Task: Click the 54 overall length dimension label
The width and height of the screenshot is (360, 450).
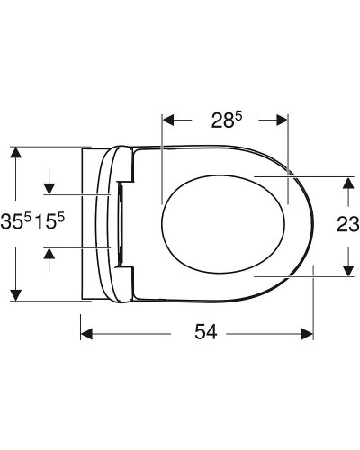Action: point(206,333)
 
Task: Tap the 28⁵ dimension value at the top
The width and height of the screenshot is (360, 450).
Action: point(227,120)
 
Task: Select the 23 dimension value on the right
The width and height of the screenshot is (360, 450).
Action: point(347,224)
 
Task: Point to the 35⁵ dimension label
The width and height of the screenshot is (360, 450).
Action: point(15,221)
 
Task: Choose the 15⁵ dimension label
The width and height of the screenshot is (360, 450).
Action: point(49,221)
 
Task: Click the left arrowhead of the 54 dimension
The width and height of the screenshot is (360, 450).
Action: point(86,334)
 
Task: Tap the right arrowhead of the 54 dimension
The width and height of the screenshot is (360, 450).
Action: point(307,334)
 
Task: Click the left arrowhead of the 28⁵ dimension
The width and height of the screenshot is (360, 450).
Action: point(168,120)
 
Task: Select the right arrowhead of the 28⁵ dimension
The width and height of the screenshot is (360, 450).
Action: point(282,120)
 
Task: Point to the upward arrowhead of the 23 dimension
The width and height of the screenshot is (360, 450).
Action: point(348,183)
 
